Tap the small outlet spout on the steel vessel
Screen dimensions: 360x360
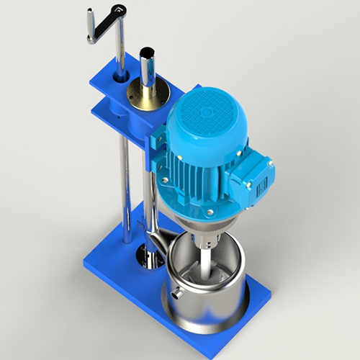click(176, 294)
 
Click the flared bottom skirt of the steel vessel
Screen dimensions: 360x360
click(205, 318)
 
